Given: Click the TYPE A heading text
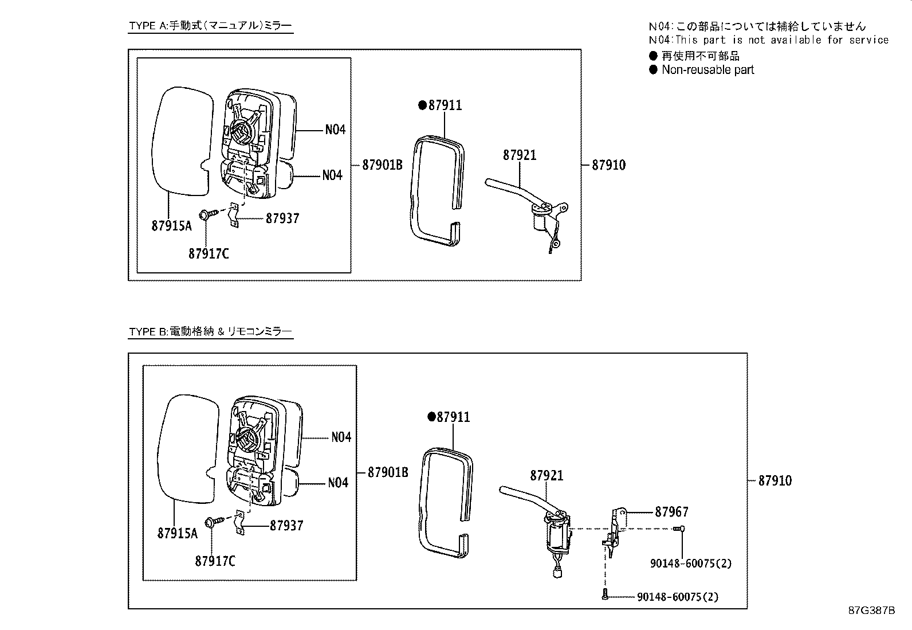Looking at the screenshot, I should click(210, 26).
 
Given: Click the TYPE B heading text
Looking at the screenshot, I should click(210, 331).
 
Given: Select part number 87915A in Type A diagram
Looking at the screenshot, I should click(171, 226).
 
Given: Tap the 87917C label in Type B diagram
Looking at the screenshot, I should click(215, 561).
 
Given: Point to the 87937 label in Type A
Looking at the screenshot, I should click(282, 218).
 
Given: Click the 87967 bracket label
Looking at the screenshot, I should click(671, 511).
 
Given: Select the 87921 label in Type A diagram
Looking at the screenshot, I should click(520, 155).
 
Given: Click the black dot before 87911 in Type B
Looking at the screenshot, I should click(432, 417).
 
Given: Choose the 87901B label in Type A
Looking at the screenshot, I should click(382, 165).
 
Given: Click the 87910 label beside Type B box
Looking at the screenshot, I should click(775, 480).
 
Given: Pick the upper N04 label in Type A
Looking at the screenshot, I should click(335, 130).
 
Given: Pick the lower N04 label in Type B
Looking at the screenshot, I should click(338, 483).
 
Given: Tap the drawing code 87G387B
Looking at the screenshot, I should click(871, 610).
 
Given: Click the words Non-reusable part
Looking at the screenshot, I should click(707, 70).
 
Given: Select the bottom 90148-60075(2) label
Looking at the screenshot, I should click(677, 597).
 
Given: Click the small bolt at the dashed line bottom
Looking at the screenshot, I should click(605, 596).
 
